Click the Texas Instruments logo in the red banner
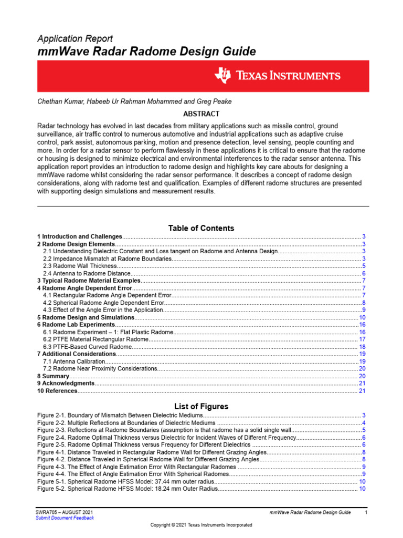tap(277, 76)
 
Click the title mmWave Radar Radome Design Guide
tap(146, 51)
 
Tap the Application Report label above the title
tap(75, 38)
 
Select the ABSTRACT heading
tap(201, 113)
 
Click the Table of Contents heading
tap(201, 228)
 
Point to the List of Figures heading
tap(201, 407)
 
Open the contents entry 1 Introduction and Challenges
tap(80, 237)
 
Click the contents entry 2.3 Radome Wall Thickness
tap(80, 266)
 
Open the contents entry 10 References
tap(57, 391)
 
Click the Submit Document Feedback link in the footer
tap(66, 518)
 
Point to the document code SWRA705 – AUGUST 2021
tap(65, 512)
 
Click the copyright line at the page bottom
tap(201, 525)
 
